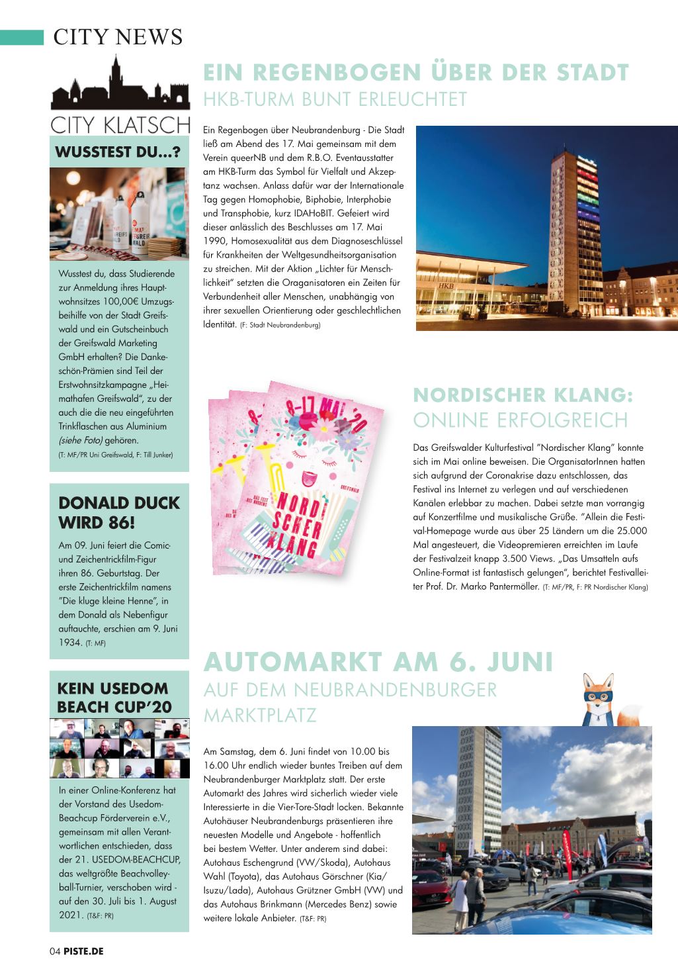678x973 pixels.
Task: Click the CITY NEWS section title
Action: pos(118,37)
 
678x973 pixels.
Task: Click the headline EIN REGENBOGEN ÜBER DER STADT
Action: pos(415,71)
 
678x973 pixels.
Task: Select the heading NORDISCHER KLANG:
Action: pos(523,395)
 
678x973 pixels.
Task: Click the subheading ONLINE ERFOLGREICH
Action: pos(520,420)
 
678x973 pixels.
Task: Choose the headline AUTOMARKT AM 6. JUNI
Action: pos(378,661)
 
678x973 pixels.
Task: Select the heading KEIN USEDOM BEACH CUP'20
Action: pos(113,697)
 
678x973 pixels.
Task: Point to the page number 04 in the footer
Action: pos(55,951)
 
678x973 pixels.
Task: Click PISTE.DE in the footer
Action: pos(83,951)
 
